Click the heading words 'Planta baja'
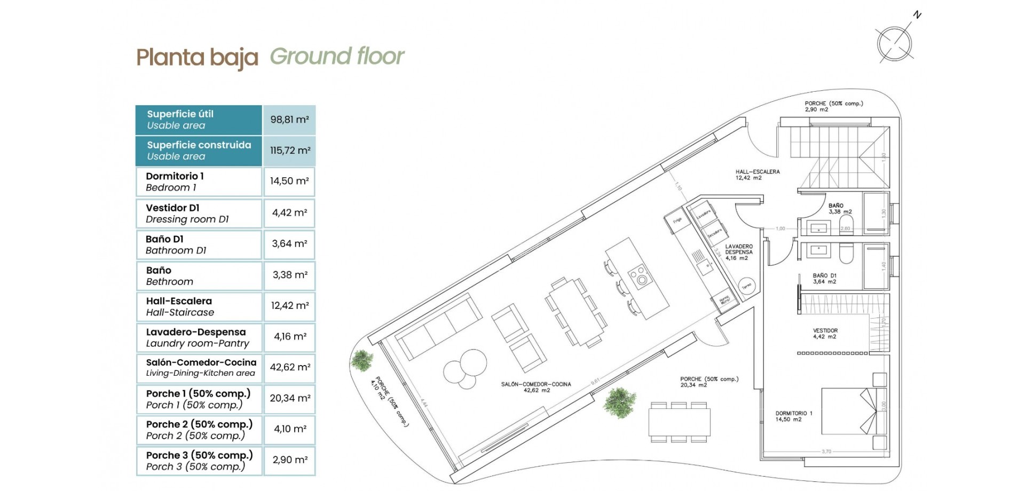[197, 58]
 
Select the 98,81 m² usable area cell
[289, 120]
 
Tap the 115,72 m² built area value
[289, 151]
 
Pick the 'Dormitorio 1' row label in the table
[175, 176]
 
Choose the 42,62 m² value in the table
[289, 367]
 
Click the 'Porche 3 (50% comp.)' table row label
[199, 455]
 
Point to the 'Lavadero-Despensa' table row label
[195, 332]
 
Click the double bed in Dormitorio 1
[849, 411]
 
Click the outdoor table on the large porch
[680, 422]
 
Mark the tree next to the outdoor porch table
[620, 401]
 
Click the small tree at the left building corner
[363, 359]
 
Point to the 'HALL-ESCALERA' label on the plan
[758, 172]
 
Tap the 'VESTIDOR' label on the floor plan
[825, 331]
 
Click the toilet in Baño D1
[846, 254]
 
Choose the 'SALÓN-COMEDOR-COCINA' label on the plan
[536, 384]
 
